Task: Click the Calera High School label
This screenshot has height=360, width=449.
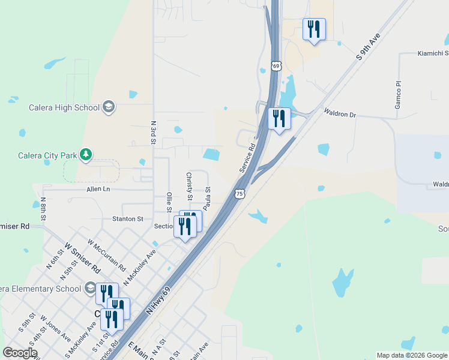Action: tap(64, 107)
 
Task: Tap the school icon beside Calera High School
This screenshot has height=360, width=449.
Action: tap(109, 107)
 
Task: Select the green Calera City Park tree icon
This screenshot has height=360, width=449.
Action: tap(86, 155)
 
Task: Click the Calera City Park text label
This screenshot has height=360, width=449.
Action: tap(47, 155)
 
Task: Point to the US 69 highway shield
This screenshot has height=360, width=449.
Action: tap(276, 65)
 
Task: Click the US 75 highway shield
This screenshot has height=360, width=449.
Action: tap(240, 194)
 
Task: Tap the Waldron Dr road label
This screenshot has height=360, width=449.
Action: tap(340, 112)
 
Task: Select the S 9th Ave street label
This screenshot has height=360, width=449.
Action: tap(368, 46)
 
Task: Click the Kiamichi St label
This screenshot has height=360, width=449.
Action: tap(432, 53)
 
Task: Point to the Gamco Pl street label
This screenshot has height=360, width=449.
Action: tap(397, 95)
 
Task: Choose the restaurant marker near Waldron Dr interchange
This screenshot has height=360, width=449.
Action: tap(279, 118)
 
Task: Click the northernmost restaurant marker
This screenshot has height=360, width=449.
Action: tap(313, 29)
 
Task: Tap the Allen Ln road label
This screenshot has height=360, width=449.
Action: tap(99, 189)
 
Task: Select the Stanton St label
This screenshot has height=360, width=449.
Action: tap(128, 219)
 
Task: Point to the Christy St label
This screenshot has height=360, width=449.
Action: tap(189, 186)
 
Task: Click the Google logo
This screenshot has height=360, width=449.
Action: tap(20, 353)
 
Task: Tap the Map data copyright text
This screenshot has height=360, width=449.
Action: tap(412, 355)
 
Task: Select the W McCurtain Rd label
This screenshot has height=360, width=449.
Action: tap(106, 255)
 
